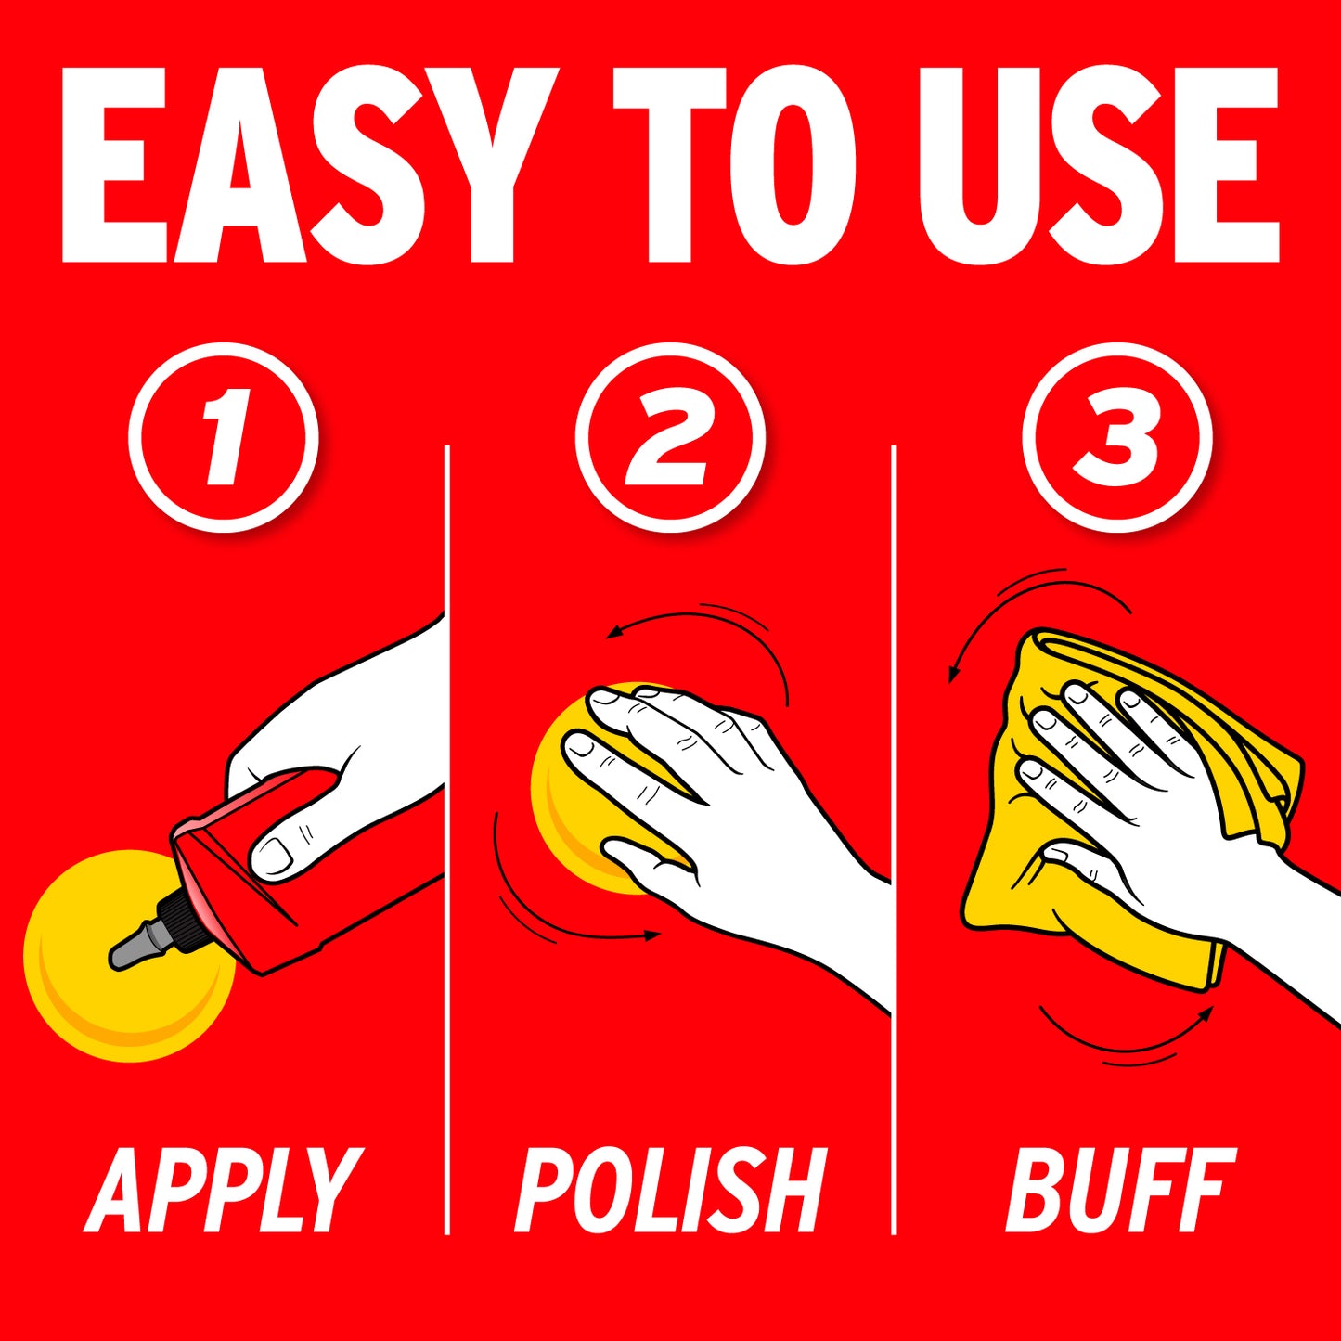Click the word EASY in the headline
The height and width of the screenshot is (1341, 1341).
coord(311,165)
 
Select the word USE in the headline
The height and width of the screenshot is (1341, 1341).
coord(1099,165)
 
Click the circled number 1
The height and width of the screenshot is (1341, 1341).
coord(224,436)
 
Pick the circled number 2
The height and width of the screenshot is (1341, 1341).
coord(670,436)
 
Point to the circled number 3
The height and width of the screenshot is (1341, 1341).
coord(1117,436)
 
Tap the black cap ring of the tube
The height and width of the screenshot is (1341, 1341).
coord(177,917)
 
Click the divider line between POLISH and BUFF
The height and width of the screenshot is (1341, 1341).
coord(894,840)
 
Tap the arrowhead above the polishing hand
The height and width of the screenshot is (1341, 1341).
coord(612,633)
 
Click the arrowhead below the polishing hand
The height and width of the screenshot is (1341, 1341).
coord(652,936)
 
